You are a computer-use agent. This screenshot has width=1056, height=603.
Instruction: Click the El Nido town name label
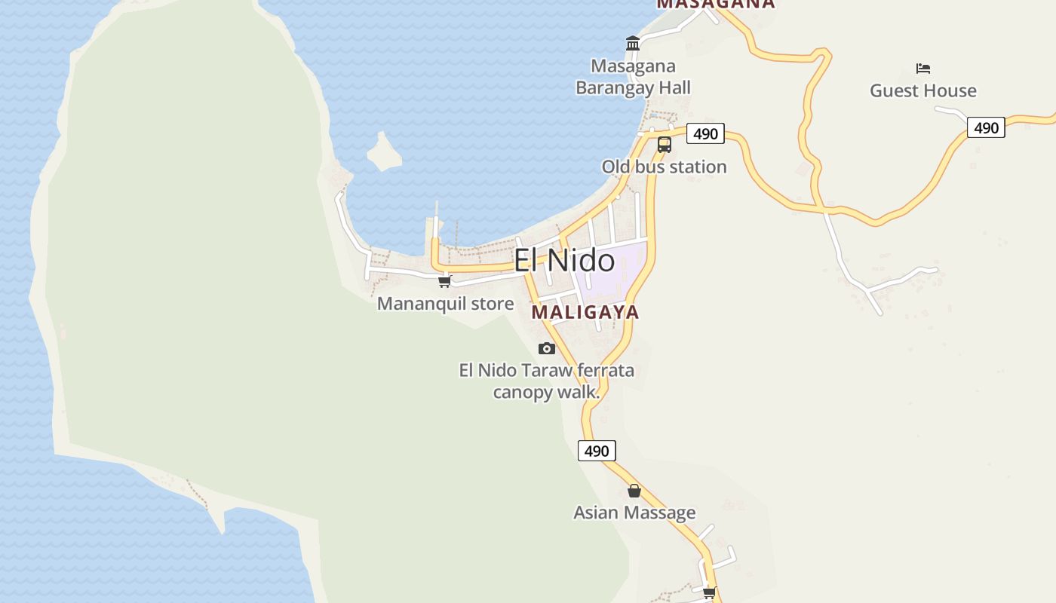(564, 261)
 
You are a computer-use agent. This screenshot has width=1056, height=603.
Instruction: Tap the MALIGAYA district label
(585, 312)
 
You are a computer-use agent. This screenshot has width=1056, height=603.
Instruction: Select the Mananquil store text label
(445, 304)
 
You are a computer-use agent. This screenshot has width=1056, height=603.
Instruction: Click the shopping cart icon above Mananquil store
(444, 282)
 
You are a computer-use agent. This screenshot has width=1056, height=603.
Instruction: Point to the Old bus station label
(664, 167)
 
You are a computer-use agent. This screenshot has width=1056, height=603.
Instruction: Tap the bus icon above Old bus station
(664, 144)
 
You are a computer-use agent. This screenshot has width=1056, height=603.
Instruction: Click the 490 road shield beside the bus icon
(705, 133)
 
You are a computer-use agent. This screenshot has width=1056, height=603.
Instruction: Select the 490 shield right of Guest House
(986, 127)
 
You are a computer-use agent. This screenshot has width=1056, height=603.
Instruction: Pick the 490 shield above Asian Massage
(597, 451)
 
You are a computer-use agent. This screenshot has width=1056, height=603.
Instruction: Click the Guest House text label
(922, 90)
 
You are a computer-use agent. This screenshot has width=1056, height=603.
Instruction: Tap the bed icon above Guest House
(923, 69)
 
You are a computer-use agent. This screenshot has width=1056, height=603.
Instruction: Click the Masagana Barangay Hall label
(633, 77)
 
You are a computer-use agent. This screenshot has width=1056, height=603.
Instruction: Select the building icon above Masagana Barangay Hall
(633, 44)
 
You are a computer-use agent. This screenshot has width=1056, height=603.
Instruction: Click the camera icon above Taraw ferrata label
(547, 348)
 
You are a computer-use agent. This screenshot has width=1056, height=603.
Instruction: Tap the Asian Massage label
(634, 513)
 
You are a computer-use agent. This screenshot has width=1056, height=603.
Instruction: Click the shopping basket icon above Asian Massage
(634, 491)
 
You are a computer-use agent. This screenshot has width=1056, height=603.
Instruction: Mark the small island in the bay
(385, 152)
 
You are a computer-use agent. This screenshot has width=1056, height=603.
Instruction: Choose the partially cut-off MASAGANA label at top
(715, 4)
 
